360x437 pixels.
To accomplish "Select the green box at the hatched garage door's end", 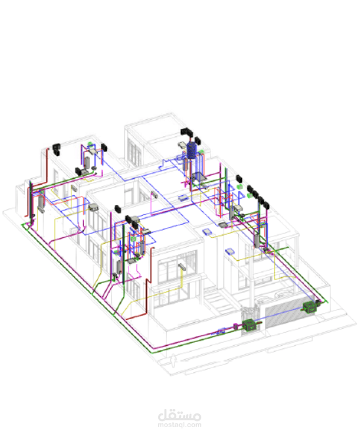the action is point(310,307).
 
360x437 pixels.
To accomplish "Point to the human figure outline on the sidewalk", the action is point(174,360).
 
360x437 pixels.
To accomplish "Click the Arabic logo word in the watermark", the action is point(180,415).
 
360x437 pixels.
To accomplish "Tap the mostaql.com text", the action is point(180,425).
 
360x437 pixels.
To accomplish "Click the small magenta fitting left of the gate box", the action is point(235,326).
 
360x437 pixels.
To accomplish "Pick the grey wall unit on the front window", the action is point(182,266).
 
